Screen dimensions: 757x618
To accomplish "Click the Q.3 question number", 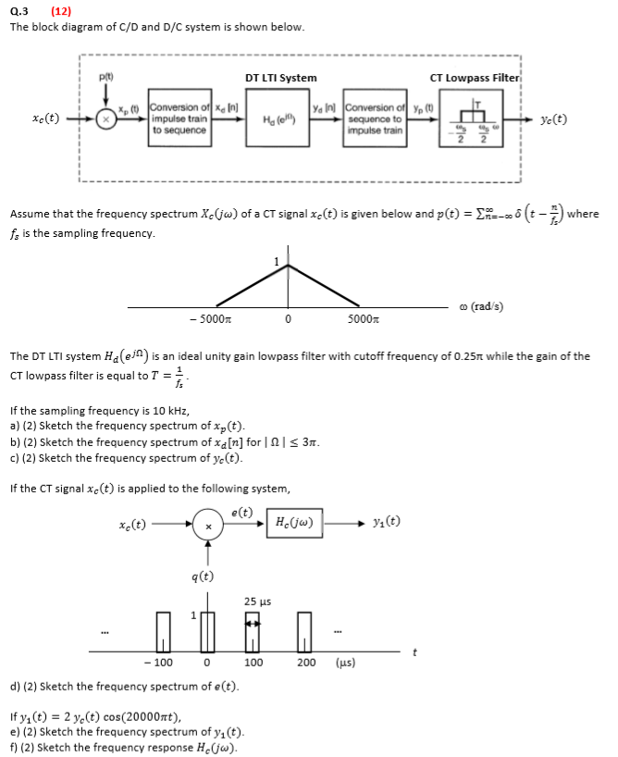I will click(x=19, y=11).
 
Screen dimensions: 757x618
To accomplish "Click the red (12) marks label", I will click(x=62, y=11).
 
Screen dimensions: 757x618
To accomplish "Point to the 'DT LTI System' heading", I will click(x=280, y=78).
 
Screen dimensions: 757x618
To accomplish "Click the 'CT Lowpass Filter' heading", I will click(x=475, y=78).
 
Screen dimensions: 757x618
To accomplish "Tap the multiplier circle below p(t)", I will click(x=107, y=120).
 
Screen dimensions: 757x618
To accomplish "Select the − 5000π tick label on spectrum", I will click(x=208, y=320).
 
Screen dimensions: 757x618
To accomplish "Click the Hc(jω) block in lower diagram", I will click(x=292, y=524).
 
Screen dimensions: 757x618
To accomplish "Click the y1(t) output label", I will click(x=387, y=524).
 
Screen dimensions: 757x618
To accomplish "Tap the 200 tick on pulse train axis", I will click(x=306, y=663).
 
